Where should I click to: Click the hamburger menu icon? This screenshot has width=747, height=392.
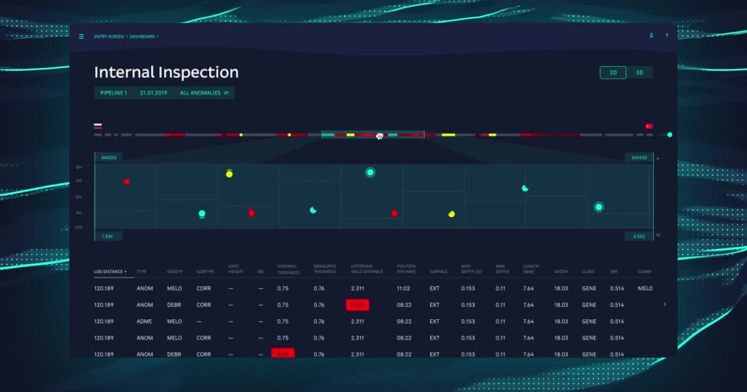coord(82,37)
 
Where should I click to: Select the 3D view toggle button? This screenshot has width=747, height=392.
coord(639,73)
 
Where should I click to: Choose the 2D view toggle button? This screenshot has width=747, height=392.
coord(613,73)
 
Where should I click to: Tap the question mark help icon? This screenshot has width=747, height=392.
coord(667,36)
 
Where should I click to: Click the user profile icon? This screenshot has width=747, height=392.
coord(651,36)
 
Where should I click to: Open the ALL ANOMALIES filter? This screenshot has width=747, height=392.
coord(204,93)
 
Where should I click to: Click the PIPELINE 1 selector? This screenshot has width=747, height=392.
coord(113,93)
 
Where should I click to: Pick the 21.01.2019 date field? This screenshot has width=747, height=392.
coord(153,93)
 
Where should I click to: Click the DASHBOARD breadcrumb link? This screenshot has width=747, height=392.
coord(142,37)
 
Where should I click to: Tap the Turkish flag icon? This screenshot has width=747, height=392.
coord(649,126)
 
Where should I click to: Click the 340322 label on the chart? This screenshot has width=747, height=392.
coord(109,157)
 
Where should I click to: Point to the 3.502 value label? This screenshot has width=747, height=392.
coord(639,236)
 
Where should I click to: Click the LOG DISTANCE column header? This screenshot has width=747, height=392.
coord(110,272)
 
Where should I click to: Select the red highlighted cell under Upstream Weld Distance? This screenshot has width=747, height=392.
coord(357,305)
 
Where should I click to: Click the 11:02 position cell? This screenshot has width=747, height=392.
coord(404,289)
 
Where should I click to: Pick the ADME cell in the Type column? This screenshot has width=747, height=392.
coord(144,322)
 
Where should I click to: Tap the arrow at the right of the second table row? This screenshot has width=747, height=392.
coord(665,305)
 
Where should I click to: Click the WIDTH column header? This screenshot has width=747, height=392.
coord(561,272)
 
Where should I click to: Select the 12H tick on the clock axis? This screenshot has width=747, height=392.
coord(79,228)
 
